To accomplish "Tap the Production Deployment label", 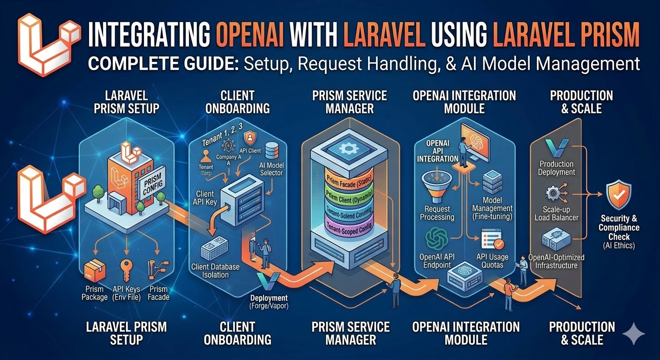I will coord(556,168).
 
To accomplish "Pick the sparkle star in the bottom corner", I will coord(633,333).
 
